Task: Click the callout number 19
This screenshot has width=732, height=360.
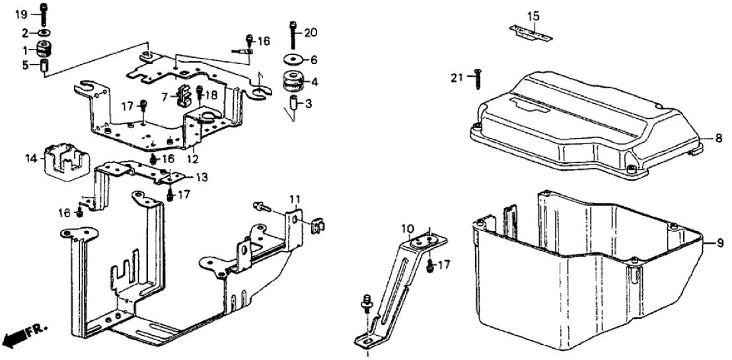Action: point(21,15)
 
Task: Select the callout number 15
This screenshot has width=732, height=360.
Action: point(533,15)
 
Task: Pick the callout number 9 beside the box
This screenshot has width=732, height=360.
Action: point(721,243)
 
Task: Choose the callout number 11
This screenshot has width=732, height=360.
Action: point(294,199)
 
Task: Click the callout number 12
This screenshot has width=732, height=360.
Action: point(193,159)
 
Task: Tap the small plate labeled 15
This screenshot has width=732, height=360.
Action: point(531,33)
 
